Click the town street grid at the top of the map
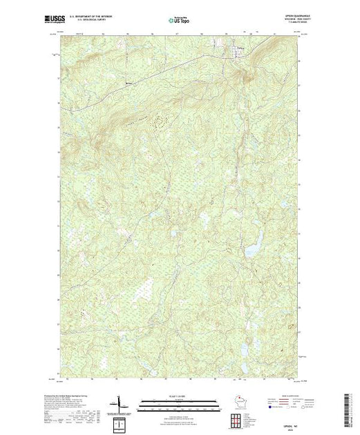238,52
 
